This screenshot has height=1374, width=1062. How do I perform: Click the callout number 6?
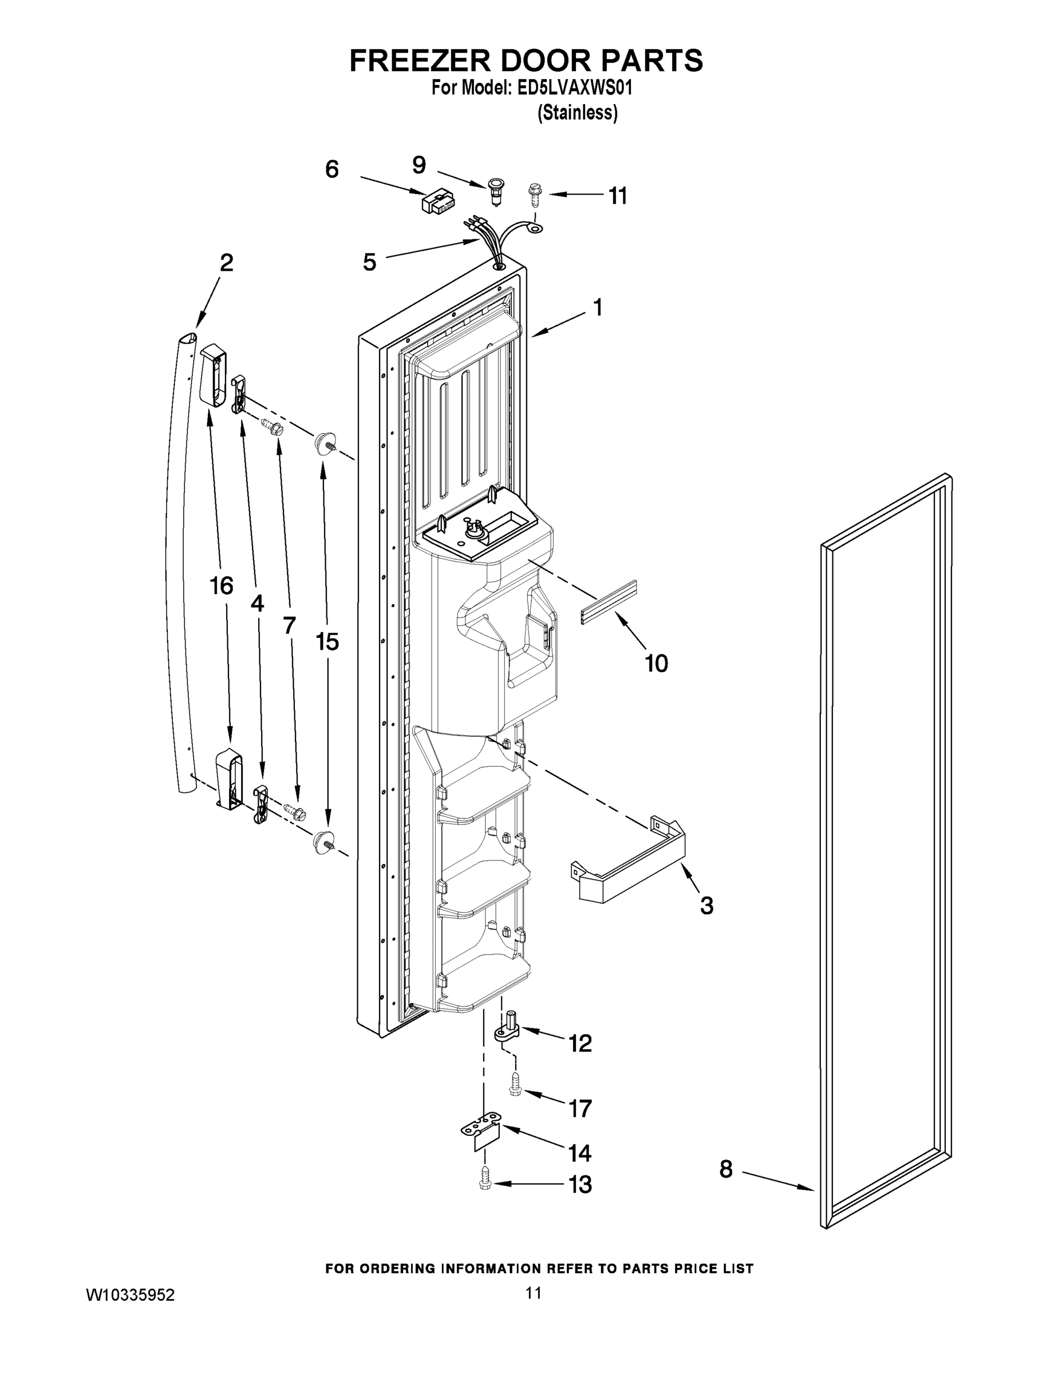pos(331,169)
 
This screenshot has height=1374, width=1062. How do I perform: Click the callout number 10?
pos(656,663)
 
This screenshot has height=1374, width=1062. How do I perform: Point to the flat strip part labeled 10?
pos(609,602)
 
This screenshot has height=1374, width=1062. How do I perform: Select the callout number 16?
pos(222,586)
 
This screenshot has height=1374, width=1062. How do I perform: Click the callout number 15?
pos(327,642)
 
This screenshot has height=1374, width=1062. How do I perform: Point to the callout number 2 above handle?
pos(227,262)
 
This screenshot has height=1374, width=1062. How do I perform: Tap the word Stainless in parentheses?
pos(577,113)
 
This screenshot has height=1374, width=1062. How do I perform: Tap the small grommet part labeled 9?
pos(495,187)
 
